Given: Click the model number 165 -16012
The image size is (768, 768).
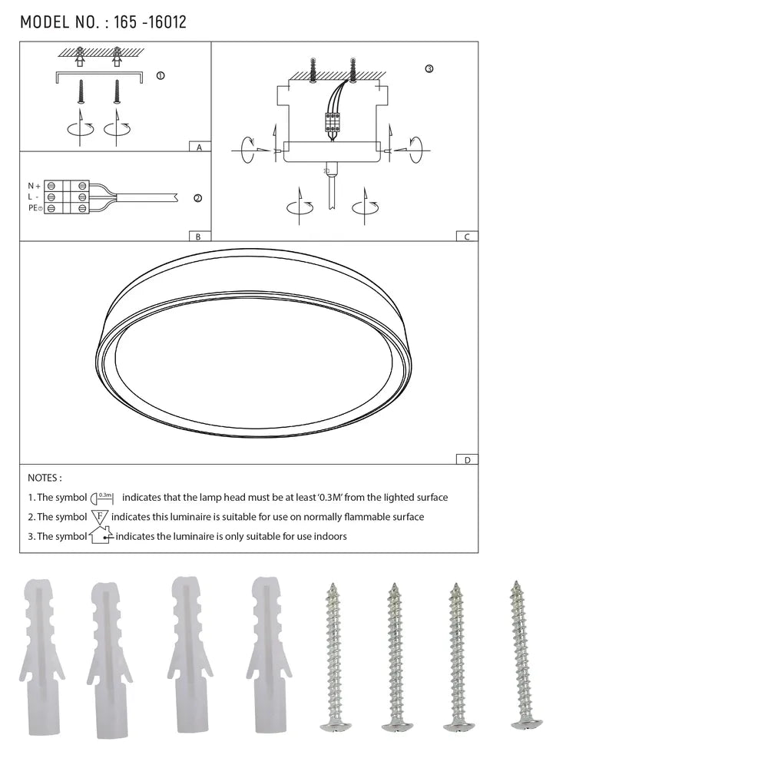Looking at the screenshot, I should coord(150,22).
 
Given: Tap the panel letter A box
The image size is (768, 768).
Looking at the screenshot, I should coord(199,146).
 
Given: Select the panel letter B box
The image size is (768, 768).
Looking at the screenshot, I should coord(198,237).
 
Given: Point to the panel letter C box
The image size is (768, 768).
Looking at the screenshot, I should coord(466,237).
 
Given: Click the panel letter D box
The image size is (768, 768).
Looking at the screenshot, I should coord(466,459).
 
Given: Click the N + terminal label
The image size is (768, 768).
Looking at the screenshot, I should coord(34,186).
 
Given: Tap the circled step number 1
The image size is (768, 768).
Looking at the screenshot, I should coord(160,76).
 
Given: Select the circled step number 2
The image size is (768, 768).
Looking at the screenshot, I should coord(197,198).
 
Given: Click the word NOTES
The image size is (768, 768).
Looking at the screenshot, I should coord(45,478).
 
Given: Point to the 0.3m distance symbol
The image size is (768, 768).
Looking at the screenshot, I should coord(102,498).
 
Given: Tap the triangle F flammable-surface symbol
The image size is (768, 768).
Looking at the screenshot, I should coord(100,517).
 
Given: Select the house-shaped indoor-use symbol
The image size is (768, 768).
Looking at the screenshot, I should coord(101,535).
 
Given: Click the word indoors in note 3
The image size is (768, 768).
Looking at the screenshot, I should coord(329,536).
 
